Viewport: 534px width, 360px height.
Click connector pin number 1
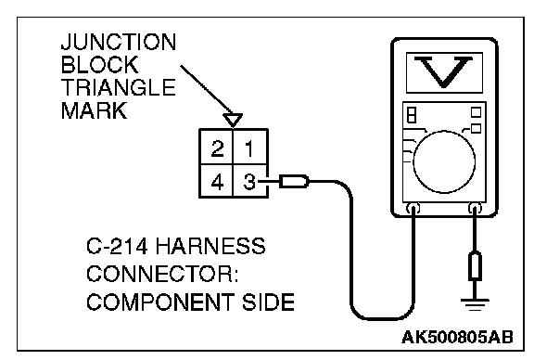[x=249, y=148]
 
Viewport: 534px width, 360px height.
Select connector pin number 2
[x=217, y=148]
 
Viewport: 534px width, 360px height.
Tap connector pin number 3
[x=249, y=182]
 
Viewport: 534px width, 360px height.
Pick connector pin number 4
[x=217, y=182]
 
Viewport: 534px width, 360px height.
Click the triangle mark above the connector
[x=233, y=120]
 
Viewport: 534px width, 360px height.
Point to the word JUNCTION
[x=119, y=42]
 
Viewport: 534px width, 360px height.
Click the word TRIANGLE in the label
[x=119, y=87]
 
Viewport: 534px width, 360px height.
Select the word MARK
[x=94, y=110]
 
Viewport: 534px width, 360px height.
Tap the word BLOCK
[x=100, y=65]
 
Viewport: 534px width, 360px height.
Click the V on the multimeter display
[x=443, y=72]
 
